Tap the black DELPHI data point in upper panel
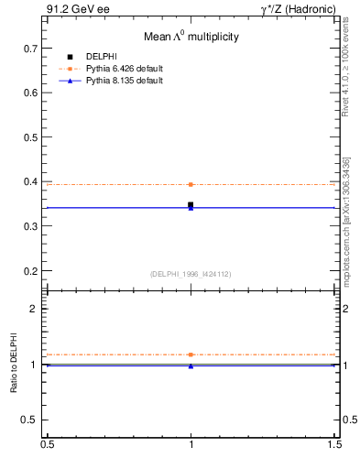coord(191,205)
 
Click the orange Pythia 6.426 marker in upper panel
coord(191,184)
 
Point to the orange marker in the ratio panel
coord(191,354)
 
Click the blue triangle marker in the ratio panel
coord(191,366)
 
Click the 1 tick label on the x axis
coord(191,444)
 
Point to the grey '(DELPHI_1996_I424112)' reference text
coord(191,274)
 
